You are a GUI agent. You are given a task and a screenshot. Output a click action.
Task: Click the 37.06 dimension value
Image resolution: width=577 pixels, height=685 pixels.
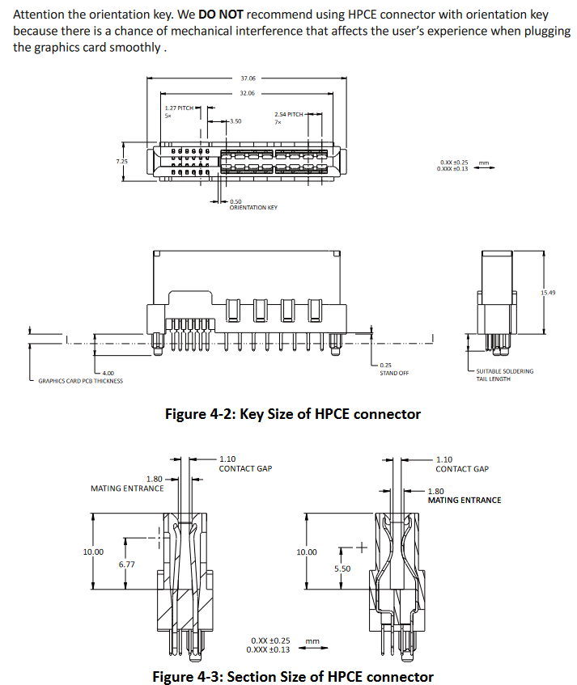[x=248, y=78]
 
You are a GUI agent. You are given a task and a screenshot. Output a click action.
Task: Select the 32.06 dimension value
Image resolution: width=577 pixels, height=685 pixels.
[x=248, y=93]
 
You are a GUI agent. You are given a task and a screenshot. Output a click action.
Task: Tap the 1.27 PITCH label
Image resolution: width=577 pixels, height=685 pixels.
[x=178, y=108]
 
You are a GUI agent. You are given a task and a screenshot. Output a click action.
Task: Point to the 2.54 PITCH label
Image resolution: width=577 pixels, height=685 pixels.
[x=289, y=115]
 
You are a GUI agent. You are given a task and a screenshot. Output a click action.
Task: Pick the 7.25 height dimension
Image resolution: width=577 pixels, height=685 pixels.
[x=121, y=161]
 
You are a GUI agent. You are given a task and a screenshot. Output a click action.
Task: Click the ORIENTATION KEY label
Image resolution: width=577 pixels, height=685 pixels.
[x=253, y=208]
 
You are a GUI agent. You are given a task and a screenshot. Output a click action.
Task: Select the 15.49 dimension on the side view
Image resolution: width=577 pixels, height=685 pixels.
[x=548, y=292]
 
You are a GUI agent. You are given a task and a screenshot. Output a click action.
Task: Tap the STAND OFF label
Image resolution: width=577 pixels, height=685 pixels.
[x=394, y=373]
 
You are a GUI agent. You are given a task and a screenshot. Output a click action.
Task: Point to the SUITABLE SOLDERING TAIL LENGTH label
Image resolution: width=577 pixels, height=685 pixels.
[x=504, y=374]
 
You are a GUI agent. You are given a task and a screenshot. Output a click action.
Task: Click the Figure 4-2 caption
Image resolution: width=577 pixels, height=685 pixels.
[x=293, y=414]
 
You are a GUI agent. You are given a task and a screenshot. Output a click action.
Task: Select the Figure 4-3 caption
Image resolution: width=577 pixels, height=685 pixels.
[x=293, y=676]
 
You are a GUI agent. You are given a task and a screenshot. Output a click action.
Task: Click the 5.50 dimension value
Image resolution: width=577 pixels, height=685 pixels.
[x=342, y=569]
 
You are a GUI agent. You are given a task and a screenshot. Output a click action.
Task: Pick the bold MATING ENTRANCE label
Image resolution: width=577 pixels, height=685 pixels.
[x=464, y=500]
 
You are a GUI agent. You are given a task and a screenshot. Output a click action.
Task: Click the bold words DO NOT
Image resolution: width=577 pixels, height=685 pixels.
[x=221, y=15]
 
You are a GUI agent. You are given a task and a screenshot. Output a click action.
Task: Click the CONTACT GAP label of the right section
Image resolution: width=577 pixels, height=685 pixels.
[x=462, y=469]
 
